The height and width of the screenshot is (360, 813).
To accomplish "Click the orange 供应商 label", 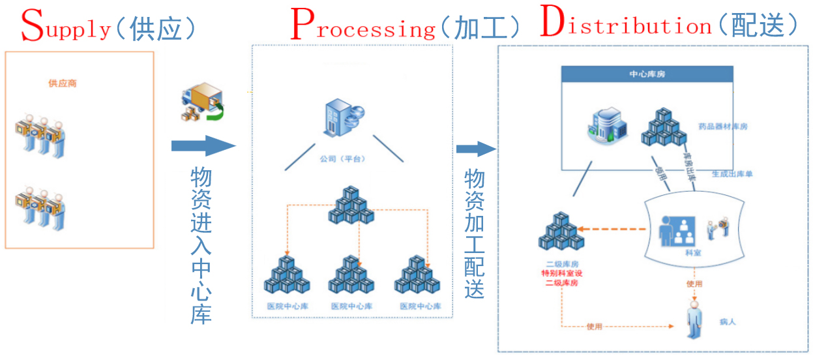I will click(63, 83).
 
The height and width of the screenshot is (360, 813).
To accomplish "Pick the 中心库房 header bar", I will click(647, 74).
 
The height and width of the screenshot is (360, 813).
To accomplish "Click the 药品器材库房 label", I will click(722, 127).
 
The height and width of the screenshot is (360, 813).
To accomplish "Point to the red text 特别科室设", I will click(561, 274).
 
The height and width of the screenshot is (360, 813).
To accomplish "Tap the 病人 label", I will click(728, 322).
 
